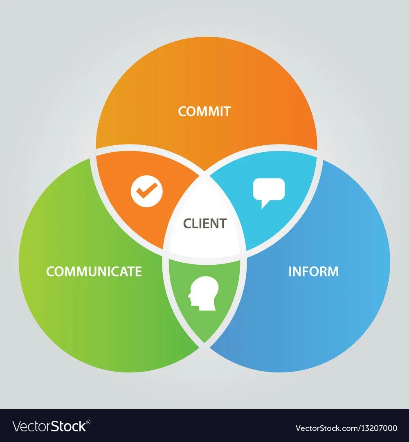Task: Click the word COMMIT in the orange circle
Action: click(x=204, y=111)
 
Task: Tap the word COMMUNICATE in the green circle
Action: click(x=94, y=271)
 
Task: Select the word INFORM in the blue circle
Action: click(x=313, y=271)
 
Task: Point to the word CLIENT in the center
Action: click(x=204, y=223)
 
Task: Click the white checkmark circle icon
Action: click(x=146, y=191)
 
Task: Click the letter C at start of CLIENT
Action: click(x=187, y=223)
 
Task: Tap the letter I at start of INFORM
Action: click(x=290, y=271)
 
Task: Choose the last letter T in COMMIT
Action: click(x=227, y=111)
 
